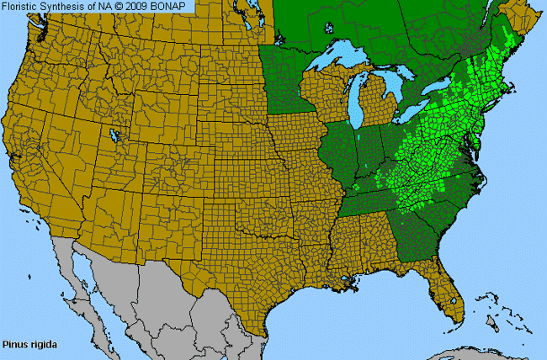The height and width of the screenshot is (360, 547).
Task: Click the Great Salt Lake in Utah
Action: pyautogui.click(x=113, y=135)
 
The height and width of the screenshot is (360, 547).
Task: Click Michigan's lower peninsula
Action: pyautogui.click(x=383, y=105)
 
